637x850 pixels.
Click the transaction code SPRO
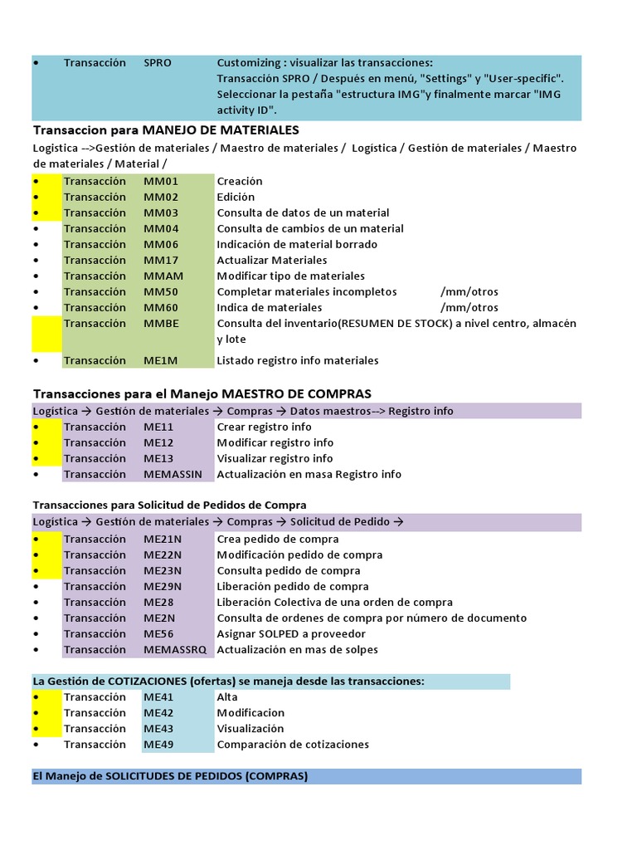click(x=158, y=63)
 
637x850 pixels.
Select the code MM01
click(x=161, y=181)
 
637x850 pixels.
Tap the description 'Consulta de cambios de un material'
click(x=310, y=228)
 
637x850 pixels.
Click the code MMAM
click(x=163, y=276)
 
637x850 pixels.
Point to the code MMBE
click(x=161, y=323)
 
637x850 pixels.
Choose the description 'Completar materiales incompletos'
click(x=307, y=291)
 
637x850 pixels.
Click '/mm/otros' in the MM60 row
click(x=469, y=307)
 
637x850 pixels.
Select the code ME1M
click(x=161, y=360)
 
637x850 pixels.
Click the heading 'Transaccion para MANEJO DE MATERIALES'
click(x=166, y=130)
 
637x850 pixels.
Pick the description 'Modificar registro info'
click(x=275, y=442)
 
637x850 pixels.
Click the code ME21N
click(x=163, y=539)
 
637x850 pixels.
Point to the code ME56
click(x=158, y=633)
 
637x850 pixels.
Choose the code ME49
click(x=158, y=744)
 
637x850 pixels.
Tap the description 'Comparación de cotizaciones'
click(x=293, y=744)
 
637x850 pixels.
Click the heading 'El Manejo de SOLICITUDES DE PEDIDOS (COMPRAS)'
click(x=170, y=776)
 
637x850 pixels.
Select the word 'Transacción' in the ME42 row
click(x=95, y=712)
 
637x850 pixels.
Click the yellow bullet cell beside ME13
click(x=46, y=458)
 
